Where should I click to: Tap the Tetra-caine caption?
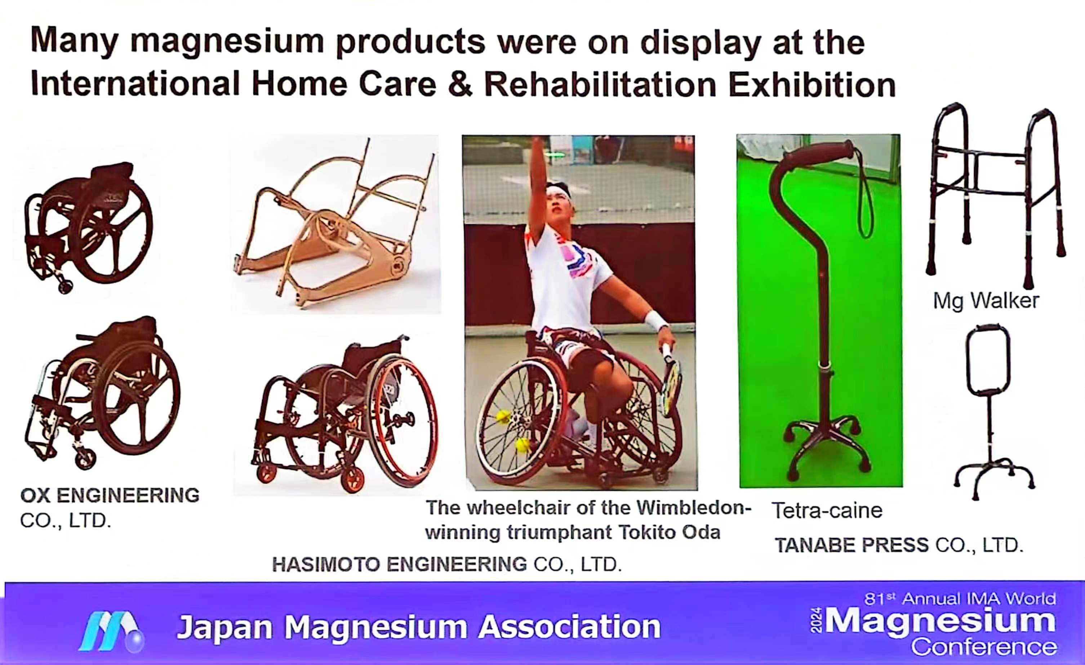pos(827,511)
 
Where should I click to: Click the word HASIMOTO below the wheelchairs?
pos(326,564)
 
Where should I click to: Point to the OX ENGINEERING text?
pos(110,495)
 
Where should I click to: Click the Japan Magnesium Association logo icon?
pos(112,631)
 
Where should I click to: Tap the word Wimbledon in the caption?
pos(694,508)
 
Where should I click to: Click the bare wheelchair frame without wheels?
pos(335,224)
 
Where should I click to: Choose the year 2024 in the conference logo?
pos(816,621)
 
